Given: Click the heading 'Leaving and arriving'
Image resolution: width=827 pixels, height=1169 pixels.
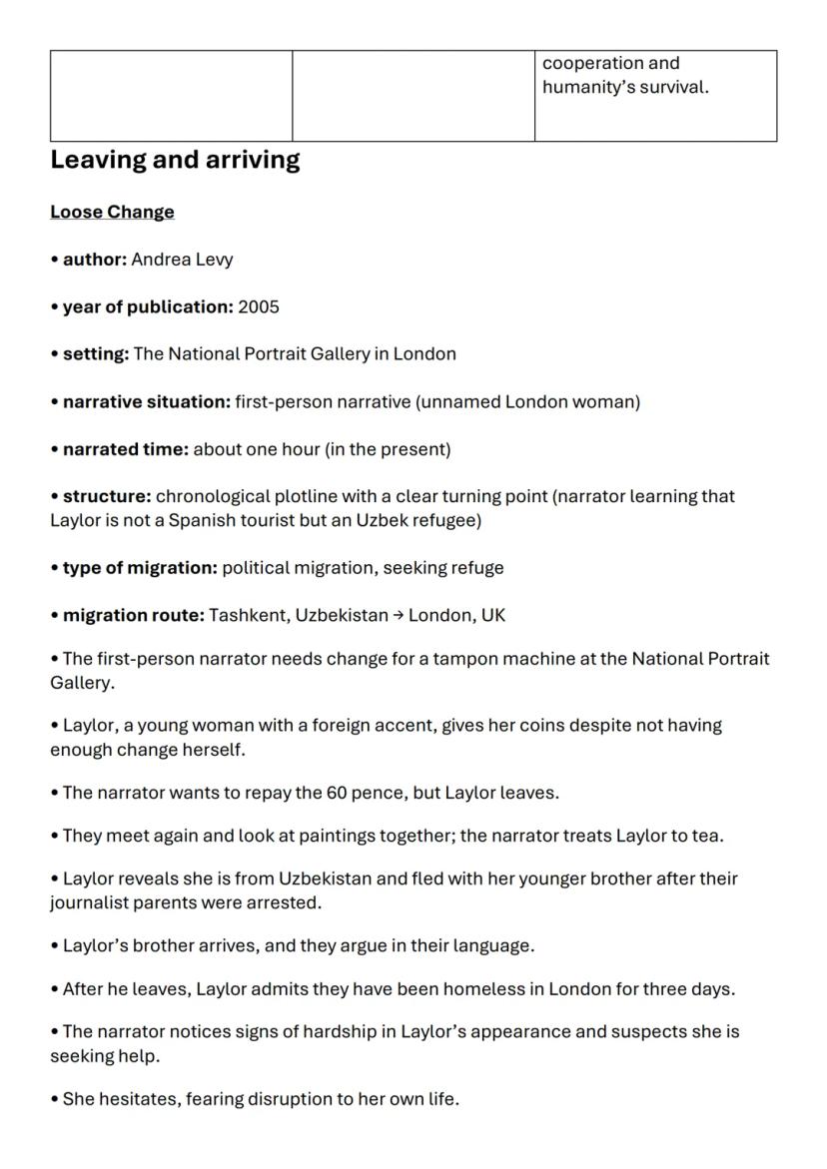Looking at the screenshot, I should click(x=175, y=160).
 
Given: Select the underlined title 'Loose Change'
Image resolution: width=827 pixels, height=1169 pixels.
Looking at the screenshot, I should click(x=112, y=212).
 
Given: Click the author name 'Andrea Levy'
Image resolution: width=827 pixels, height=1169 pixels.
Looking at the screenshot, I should click(x=182, y=260).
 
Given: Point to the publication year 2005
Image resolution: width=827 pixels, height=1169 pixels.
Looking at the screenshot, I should click(x=259, y=306).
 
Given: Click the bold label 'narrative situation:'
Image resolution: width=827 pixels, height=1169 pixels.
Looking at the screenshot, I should click(x=146, y=401).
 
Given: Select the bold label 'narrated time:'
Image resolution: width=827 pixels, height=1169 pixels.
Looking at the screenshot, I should click(x=125, y=449).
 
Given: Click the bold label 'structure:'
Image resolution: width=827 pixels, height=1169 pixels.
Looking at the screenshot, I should click(x=107, y=496).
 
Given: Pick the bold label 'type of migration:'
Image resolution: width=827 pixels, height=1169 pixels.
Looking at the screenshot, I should click(x=140, y=568).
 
